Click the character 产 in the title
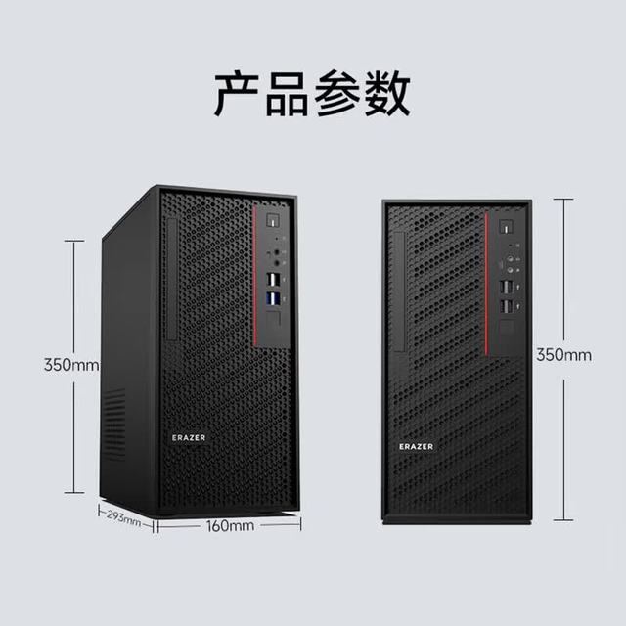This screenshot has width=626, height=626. tap(237, 94)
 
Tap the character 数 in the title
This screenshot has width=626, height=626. tap(387, 94)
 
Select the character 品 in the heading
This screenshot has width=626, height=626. tap(287, 94)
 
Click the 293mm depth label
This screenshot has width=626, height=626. tap(124, 517)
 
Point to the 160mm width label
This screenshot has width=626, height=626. tap(230, 526)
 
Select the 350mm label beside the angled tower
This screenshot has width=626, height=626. tap(71, 365)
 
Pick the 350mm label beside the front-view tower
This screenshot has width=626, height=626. tap(563, 354)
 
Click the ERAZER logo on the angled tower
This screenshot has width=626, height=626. tap(189, 437)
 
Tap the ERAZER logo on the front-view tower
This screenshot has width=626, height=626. tap(416, 446)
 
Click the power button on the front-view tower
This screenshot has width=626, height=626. tap(506, 227)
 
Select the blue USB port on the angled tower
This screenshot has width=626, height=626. tap(273, 298)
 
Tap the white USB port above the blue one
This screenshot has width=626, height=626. tap(273, 279)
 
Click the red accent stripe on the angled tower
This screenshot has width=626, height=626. tap(254, 276)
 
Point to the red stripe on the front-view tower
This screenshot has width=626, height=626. tap(486, 284)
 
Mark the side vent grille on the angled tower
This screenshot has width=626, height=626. tap(114, 424)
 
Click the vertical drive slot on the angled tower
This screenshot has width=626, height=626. tap(172, 279)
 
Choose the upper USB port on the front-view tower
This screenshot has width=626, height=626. tap(506, 287)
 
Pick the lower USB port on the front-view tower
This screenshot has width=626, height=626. tap(506, 306)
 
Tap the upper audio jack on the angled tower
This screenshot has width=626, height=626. tap(276, 252)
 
